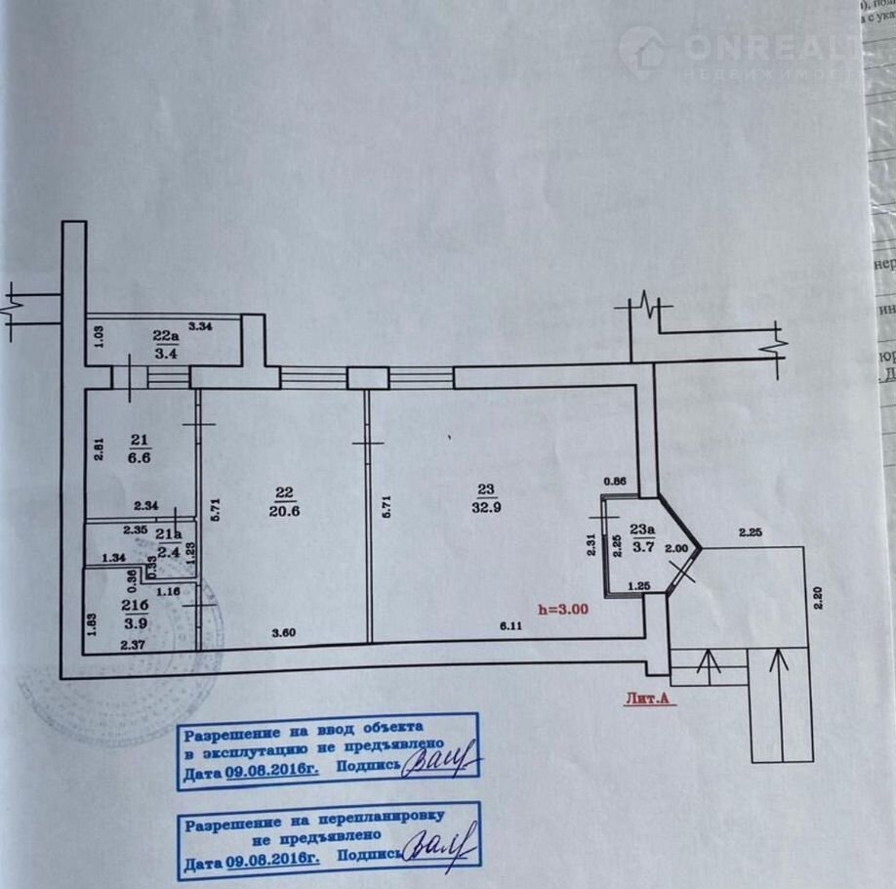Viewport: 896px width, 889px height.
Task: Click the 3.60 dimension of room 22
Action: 284,632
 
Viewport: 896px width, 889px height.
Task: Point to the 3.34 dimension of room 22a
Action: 200,325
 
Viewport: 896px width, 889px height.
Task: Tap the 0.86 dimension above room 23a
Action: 615,481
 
